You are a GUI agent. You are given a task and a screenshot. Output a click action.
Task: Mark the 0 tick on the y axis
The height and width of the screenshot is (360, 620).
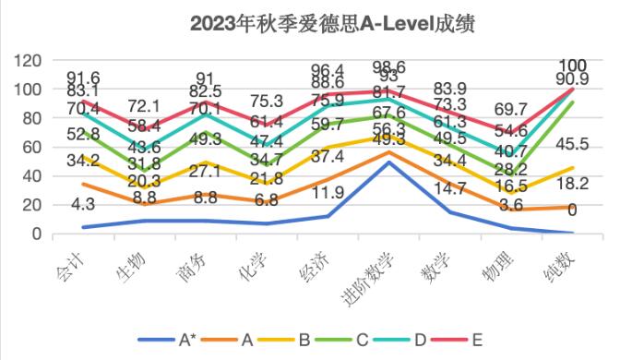(x=37, y=234)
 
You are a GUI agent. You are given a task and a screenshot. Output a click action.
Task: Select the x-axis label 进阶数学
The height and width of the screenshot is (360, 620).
(x=367, y=273)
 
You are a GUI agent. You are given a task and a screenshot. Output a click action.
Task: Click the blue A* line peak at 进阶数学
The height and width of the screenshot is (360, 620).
(x=390, y=162)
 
